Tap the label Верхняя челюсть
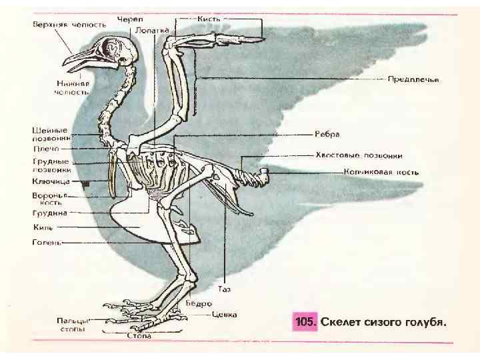tap(69, 25)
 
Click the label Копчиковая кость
tap(381, 172)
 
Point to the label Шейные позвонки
tap(51, 133)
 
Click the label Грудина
tap(50, 213)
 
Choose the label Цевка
tap(224, 314)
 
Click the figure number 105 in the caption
tap(303, 322)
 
